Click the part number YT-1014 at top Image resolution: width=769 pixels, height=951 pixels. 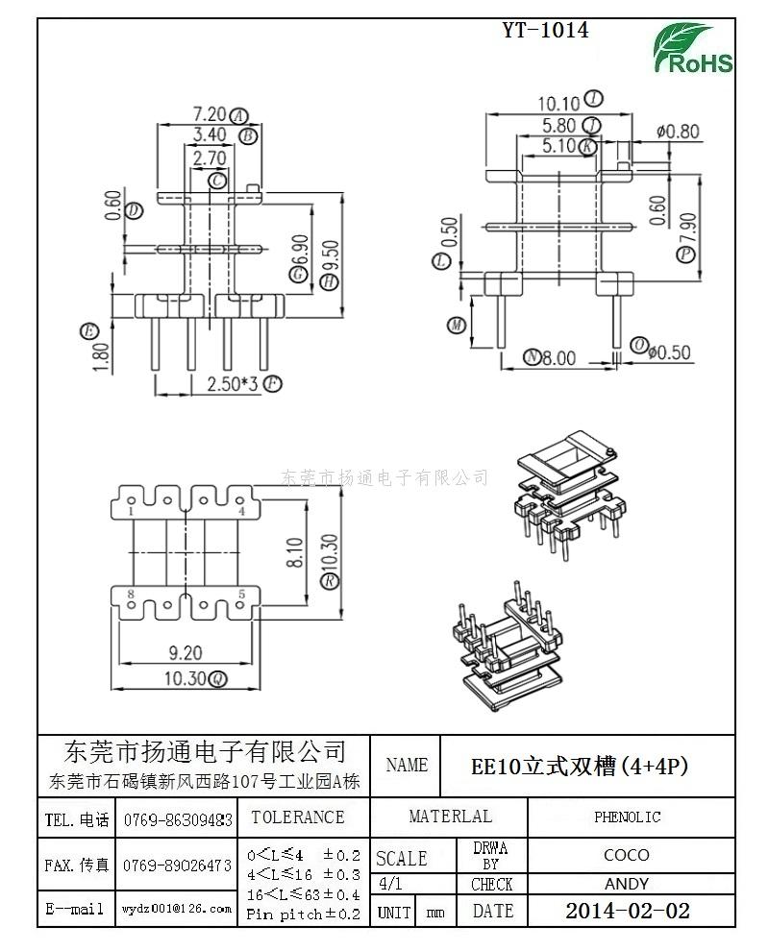point(545,30)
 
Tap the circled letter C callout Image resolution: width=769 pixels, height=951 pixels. point(219,180)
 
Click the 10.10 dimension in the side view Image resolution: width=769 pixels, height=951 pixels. point(558,103)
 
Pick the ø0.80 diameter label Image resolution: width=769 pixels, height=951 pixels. point(678,132)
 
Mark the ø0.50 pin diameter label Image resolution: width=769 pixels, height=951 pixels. point(669,353)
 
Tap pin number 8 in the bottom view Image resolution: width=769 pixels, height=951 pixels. point(131,595)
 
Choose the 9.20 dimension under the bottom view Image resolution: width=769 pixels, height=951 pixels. point(186,653)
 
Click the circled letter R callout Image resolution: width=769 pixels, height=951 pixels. point(330,581)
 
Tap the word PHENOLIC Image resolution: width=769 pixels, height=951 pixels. point(627,817)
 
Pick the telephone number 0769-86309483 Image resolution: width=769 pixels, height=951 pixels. point(178,820)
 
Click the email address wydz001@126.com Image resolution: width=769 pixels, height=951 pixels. point(176,908)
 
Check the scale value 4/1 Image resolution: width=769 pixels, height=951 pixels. point(391,884)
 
